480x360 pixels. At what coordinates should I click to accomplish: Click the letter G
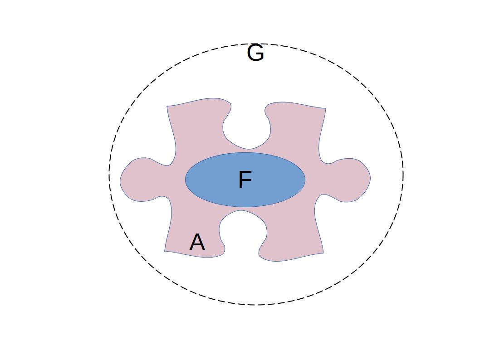[255, 54]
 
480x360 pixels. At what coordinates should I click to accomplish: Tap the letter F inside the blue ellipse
[245, 180]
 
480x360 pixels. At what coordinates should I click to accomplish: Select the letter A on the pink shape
[197, 243]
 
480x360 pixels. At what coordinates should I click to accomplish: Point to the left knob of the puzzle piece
[138, 179]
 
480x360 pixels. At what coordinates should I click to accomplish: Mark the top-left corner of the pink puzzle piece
[167, 106]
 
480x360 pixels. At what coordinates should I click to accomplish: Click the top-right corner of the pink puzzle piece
[325, 108]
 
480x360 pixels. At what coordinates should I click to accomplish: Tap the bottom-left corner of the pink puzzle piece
[165, 251]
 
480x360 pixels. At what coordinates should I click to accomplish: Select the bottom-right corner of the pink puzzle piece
[323, 253]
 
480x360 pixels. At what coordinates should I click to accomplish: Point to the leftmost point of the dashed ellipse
[109, 175]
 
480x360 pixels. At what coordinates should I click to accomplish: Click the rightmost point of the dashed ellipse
[403, 175]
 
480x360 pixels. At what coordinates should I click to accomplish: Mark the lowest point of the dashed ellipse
[256, 305]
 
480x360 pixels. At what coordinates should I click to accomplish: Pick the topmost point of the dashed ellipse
[256, 44]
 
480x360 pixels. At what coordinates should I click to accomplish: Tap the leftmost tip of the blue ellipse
[185, 180]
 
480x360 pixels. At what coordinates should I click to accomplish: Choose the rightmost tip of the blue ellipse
[305, 180]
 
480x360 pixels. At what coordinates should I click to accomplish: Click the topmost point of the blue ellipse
[245, 153]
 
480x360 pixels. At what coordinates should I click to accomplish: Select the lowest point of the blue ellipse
[245, 207]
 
